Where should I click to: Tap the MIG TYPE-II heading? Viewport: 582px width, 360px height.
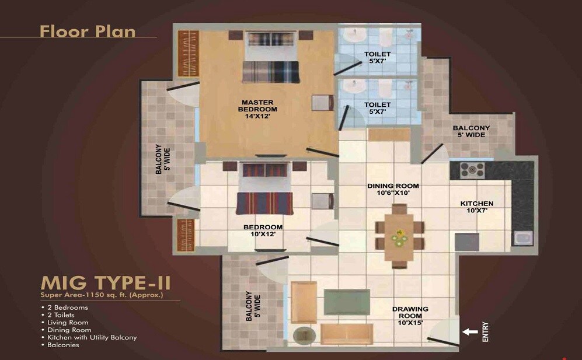(x=106, y=284)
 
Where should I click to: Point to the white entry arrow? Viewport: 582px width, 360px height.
(x=469, y=333)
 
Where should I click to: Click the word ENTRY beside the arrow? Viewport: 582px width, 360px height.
(x=486, y=332)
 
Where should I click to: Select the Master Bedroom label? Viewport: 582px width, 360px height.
(x=258, y=109)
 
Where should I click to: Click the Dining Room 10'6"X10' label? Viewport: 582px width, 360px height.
(x=393, y=190)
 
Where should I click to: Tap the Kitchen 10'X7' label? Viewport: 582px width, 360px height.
(x=477, y=207)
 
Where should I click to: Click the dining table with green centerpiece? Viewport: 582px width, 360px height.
(x=400, y=236)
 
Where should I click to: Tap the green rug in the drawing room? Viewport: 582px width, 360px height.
(x=346, y=302)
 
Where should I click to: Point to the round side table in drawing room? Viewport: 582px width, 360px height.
(x=304, y=335)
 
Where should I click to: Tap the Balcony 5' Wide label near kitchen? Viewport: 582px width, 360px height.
(x=471, y=131)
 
